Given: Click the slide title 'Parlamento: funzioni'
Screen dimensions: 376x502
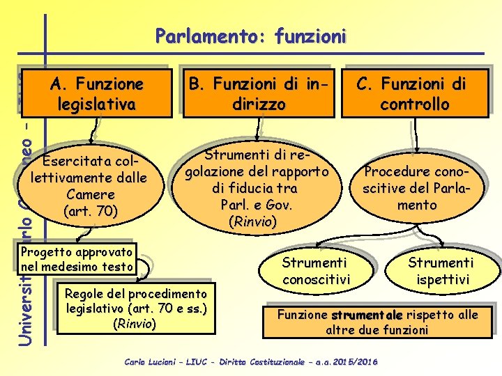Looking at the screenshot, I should point(250,36).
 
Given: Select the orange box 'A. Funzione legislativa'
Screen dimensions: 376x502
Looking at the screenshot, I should point(97,94).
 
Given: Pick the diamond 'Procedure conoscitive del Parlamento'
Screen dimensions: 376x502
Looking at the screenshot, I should point(417,188).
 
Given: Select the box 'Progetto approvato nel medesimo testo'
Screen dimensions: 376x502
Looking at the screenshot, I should point(77,258).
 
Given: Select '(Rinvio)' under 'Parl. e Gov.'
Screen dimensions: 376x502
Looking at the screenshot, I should point(252,222).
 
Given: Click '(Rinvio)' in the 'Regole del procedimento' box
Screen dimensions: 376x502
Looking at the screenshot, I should point(136,323).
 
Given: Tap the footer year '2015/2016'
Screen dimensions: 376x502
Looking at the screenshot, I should point(356,362).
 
